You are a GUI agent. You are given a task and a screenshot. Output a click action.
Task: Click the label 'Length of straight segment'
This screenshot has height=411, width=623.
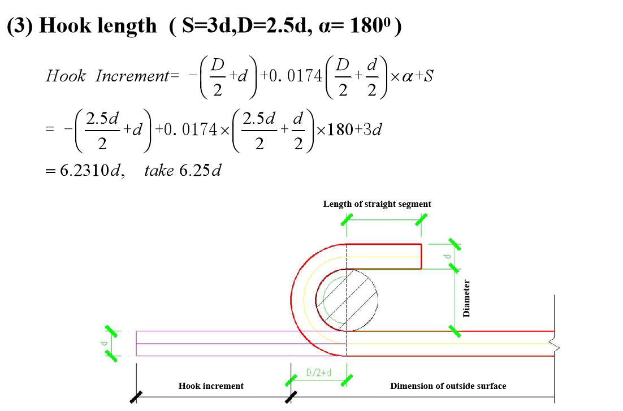pos(377,204)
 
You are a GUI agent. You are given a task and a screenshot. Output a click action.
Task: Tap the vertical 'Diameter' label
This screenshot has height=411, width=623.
pos(466,298)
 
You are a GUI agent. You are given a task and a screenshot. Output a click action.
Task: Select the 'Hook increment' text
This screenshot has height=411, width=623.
pos(211,386)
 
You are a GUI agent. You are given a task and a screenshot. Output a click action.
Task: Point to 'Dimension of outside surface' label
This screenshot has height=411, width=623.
pos(448,386)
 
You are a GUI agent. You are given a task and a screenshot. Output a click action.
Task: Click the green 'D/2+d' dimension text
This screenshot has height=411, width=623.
pos(319,373)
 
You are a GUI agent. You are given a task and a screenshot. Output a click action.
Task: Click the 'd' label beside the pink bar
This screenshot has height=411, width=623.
pos(103,343)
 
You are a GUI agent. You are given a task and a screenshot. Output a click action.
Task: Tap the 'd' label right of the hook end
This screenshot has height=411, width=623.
pos(447,257)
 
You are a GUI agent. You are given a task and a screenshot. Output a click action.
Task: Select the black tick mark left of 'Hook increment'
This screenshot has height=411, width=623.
pos(136,397)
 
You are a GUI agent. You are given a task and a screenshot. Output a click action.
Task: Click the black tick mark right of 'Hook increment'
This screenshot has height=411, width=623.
pos(291,397)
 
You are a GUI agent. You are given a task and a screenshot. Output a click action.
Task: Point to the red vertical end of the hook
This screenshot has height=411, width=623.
pos(421,257)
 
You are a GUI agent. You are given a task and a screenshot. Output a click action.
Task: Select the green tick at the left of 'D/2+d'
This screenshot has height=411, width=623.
pos(291,380)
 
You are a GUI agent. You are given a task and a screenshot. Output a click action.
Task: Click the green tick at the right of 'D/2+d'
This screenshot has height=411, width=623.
pos(347,380)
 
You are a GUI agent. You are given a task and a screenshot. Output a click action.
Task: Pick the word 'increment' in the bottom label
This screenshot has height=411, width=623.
pos(224,386)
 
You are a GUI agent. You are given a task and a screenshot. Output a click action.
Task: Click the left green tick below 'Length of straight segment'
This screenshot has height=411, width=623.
pos(347,220)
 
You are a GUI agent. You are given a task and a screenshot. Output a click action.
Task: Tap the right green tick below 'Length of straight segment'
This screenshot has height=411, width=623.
pos(421,220)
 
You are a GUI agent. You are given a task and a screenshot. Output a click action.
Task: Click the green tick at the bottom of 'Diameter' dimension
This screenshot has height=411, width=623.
pos(455,331)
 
